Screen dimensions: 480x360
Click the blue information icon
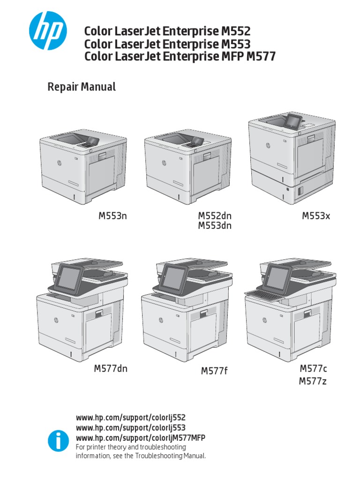coord(58,441)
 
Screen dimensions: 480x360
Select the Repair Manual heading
coord(82,87)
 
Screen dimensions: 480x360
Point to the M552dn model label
coord(215,216)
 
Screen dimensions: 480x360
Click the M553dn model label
coord(215,226)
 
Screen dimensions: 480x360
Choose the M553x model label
coord(316,216)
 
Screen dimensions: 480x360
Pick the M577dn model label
coord(111,368)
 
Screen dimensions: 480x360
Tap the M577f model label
coord(214,371)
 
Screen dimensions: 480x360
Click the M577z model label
coord(313,382)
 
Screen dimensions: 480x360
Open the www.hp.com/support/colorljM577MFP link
coord(141,438)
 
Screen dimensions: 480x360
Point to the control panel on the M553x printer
coord(293,121)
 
